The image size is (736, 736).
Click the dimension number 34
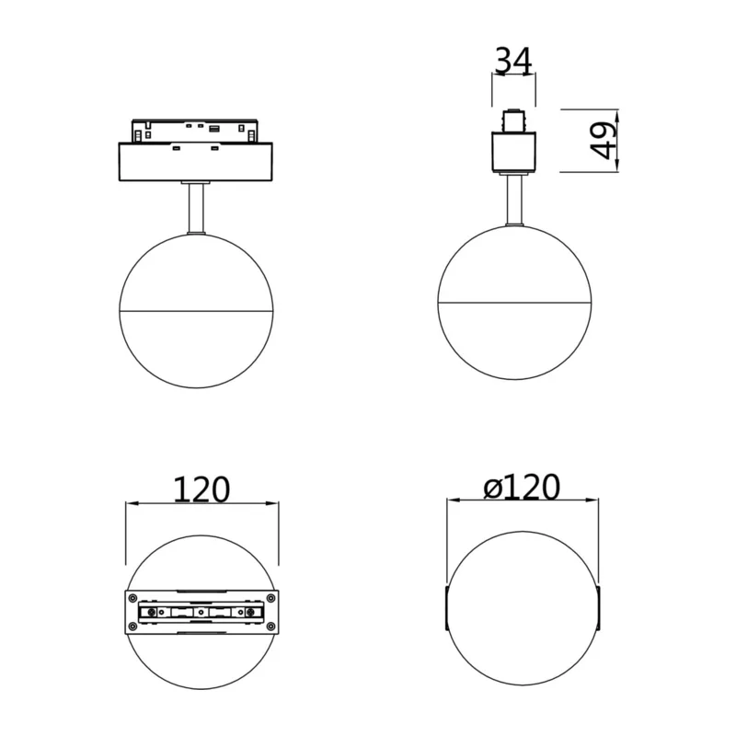tap(513, 61)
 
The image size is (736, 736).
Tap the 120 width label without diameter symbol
tap(201, 489)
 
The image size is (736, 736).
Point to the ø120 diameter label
tap(522, 487)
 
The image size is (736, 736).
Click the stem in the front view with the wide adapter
tap(196, 207)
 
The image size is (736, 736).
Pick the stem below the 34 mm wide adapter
tap(514, 200)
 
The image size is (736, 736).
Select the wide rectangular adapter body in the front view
tap(195, 162)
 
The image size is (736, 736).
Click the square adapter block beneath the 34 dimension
tap(514, 152)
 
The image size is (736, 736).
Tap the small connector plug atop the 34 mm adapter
tap(513, 121)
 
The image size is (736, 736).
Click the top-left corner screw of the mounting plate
tap(132, 598)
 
